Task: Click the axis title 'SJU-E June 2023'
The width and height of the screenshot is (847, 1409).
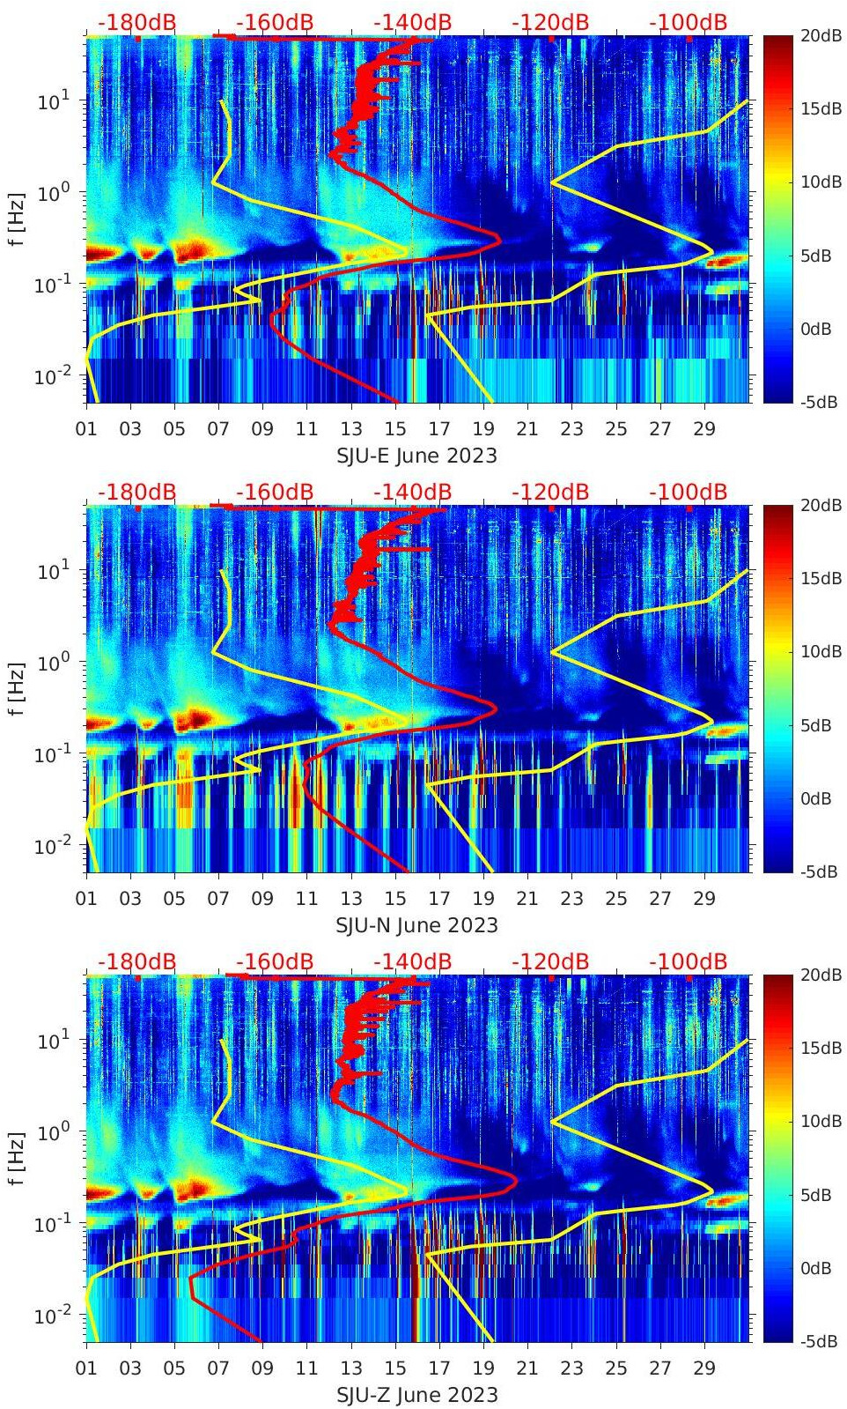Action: point(416,456)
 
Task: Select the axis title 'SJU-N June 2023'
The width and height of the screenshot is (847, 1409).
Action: point(416,925)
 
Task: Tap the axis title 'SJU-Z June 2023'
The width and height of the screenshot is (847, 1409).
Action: point(416,1395)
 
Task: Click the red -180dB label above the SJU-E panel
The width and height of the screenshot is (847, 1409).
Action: point(136,22)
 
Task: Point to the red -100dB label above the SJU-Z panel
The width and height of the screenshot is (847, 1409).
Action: point(688,961)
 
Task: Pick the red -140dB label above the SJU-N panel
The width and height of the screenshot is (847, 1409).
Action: point(412,492)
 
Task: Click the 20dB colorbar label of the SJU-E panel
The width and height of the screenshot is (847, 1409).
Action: point(821,35)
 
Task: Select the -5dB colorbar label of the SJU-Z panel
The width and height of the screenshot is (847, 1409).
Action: point(819,1341)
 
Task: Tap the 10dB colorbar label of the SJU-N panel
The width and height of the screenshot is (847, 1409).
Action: point(821,651)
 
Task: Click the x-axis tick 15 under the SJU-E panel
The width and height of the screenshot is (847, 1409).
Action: point(395,429)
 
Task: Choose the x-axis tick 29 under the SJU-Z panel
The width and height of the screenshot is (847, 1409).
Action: point(704,1368)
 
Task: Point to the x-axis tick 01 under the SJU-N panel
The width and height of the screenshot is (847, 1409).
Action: point(86,899)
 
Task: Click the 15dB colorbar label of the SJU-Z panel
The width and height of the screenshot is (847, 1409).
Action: point(821,1048)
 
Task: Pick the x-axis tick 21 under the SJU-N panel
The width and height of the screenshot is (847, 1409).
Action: point(527,899)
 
